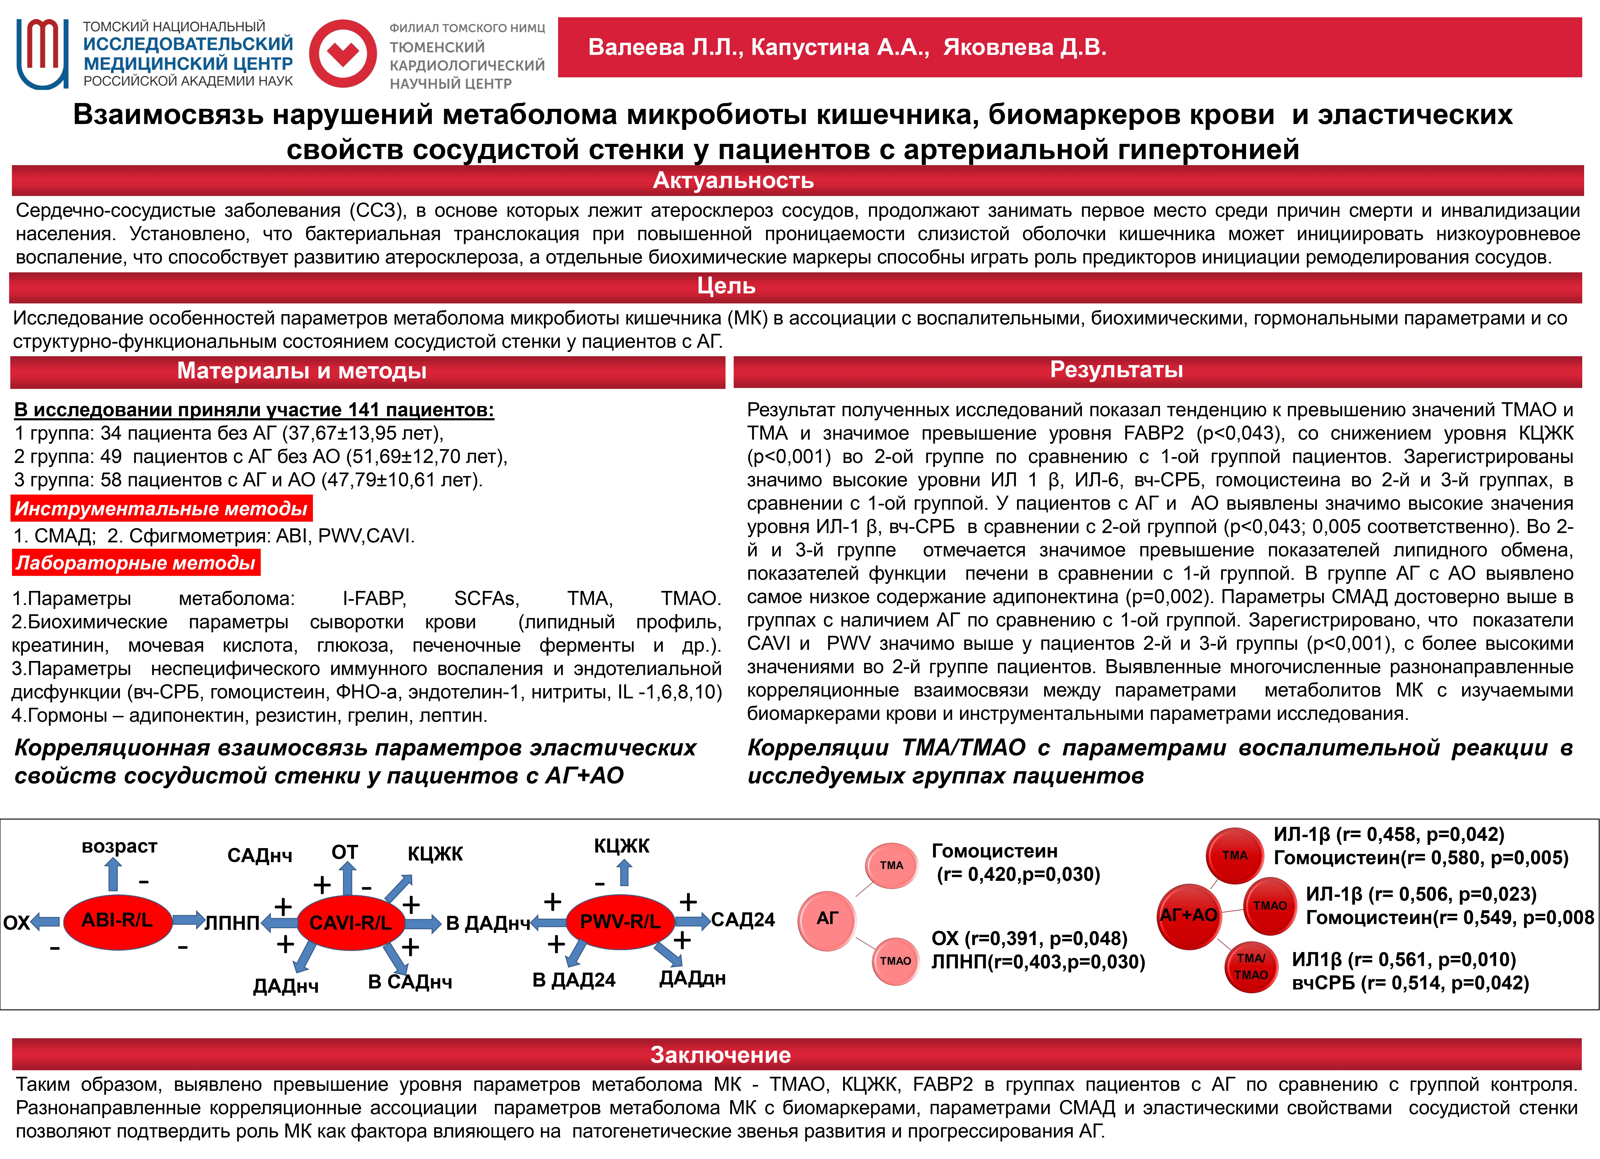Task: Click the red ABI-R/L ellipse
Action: [117, 920]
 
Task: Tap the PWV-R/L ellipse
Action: [620, 921]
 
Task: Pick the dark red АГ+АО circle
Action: [1189, 915]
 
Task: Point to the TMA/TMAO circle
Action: [1251, 966]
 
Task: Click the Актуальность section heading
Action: [734, 181]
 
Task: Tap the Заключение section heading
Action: [720, 1055]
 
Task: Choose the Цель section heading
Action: [726, 286]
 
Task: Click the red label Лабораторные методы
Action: [135, 562]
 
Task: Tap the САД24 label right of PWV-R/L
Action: [743, 920]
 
